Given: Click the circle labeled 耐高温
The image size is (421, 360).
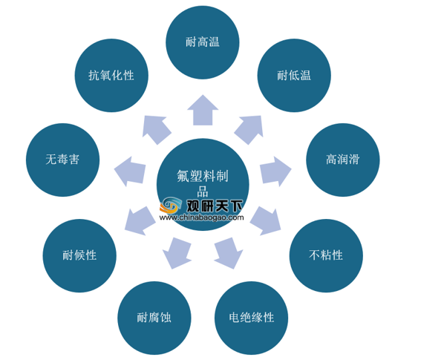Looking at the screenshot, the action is coord(203,42).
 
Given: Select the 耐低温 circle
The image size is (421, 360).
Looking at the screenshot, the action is coord(294,76).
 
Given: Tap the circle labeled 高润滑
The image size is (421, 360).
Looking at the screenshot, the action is coord(343,160).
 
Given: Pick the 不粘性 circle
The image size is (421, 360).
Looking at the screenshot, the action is coord(326,255).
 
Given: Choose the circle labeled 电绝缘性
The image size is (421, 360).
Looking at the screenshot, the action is coord(251,318).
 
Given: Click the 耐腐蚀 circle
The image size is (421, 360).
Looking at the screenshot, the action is coord(154,318).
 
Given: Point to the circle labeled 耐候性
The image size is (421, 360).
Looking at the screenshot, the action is coord(79,255).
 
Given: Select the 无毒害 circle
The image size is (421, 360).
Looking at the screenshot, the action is coord(62,160).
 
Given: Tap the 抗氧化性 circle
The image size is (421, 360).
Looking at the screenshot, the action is coord(111,76).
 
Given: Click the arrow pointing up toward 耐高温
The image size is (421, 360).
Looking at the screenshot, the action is coord(203,111).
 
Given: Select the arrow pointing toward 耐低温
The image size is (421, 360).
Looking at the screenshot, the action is coord(249,129).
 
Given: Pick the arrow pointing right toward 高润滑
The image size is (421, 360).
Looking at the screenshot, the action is coord(275,171).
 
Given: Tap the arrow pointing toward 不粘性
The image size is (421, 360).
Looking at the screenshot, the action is coord(266,221).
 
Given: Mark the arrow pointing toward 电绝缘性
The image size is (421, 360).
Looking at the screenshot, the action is coord(229,253).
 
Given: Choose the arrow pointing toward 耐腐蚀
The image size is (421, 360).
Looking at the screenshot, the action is coord(177,253).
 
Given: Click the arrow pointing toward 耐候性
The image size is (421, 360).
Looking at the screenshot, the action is coord(140,221).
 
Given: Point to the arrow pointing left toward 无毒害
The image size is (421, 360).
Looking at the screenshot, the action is coord(130,171).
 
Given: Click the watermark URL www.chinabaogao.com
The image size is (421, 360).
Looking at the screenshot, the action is coord(201,217).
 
